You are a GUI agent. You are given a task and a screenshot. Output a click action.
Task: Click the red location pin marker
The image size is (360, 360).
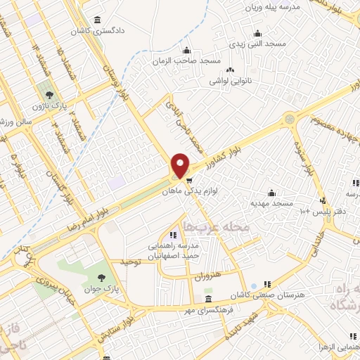pyautogui.click(x=181, y=166)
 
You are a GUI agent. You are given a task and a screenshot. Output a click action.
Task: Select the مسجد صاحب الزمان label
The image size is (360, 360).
pyautogui.click(x=186, y=60)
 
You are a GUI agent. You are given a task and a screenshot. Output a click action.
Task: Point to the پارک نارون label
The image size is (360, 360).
pyautogui.click(x=48, y=105)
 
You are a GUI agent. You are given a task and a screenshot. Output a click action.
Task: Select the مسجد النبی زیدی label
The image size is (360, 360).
pyautogui.click(x=259, y=44)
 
